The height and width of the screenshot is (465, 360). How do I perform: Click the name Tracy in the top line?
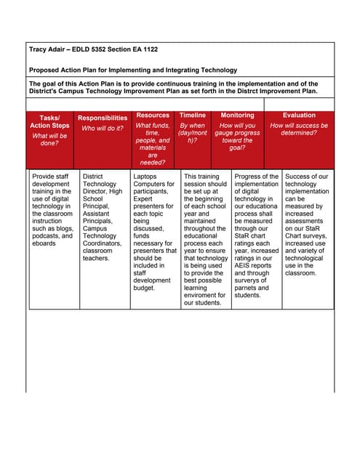coord(39,49)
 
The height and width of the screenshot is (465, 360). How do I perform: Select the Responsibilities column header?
coord(103,118)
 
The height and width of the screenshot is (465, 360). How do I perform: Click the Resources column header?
coord(153,115)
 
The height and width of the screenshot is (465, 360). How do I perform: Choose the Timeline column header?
coord(193,115)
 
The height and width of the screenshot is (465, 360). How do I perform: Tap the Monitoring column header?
coord(238,115)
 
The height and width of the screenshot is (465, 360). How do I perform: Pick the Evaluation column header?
coord(299,115)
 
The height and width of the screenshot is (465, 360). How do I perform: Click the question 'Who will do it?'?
coord(103,129)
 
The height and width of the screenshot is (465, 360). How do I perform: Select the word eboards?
coord(45,244)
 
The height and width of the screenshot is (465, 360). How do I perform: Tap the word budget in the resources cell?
coord(145,288)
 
